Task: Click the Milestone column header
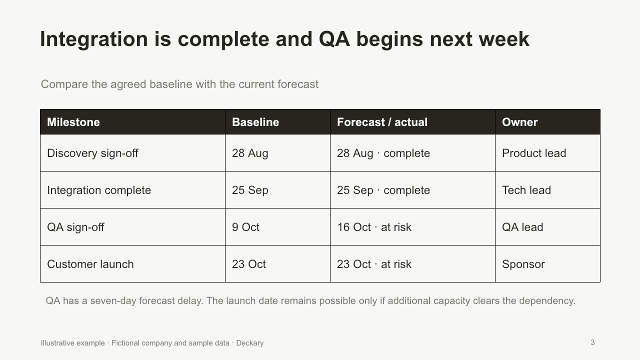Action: [73, 122]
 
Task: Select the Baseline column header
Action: [255, 122]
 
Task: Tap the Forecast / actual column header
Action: [382, 122]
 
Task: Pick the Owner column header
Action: [519, 122]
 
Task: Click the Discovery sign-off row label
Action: [92, 153]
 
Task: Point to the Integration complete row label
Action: [99, 190]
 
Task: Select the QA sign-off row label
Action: [75, 227]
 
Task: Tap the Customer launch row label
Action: [90, 264]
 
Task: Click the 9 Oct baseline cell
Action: [245, 227]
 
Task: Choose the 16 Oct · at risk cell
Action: [374, 227]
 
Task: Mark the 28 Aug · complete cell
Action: [383, 153]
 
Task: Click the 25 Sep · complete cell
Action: [383, 190]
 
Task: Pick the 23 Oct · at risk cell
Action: [374, 264]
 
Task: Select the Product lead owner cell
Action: [534, 153]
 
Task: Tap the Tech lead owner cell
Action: [526, 190]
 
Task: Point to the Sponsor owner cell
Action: [523, 264]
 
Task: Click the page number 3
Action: [592, 342]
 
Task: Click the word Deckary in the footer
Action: [249, 343]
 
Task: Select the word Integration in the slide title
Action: [94, 39]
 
